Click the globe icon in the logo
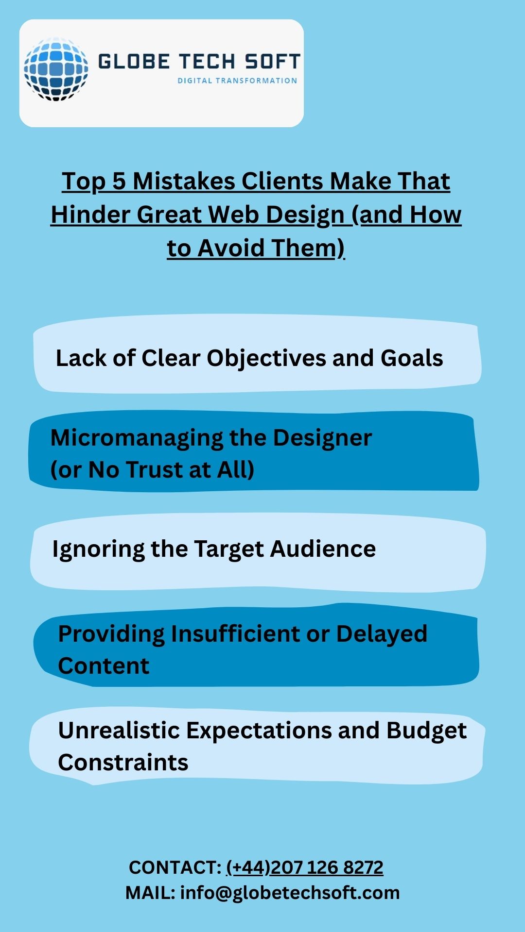56,69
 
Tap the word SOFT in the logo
272,62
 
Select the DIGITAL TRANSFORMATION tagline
237,81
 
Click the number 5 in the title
119,181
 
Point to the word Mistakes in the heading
184,181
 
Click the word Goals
412,358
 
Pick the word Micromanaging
137,438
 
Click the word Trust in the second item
156,469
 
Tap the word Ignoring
98,549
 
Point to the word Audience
323,549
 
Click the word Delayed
382,634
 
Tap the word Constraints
123,763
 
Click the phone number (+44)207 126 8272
305,867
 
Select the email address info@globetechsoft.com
290,893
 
